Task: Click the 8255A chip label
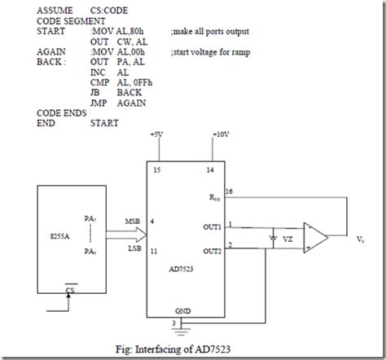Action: coord(58,238)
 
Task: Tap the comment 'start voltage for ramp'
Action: coord(210,50)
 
